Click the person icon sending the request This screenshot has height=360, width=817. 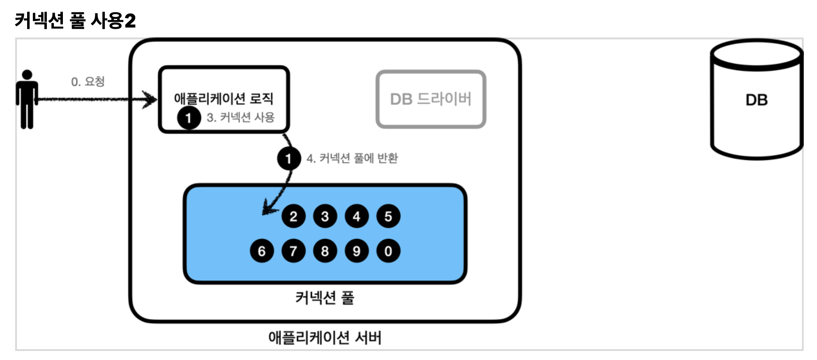[27, 99]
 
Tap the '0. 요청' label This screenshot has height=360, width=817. [88, 82]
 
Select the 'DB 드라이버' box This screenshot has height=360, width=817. [431, 99]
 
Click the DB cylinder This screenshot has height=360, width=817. [756, 99]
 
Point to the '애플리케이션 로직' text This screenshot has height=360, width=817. [224, 99]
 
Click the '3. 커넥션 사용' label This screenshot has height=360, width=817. [240, 118]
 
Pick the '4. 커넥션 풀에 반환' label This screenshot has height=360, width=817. [352, 158]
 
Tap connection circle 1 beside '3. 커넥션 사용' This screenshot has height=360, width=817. [189, 118]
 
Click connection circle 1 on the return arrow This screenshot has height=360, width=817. [288, 158]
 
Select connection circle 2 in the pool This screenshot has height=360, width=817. [293, 216]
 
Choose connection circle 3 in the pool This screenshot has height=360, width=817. [325, 216]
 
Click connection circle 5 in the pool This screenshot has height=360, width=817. [388, 216]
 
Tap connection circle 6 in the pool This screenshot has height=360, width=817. [262, 251]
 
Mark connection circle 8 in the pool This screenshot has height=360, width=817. [325, 251]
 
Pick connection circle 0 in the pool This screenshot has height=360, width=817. [388, 251]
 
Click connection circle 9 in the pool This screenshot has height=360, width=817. [357, 251]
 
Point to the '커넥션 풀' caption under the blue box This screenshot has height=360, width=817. [325, 298]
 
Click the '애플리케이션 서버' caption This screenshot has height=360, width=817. [325, 338]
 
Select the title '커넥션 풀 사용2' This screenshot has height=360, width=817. [75, 20]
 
